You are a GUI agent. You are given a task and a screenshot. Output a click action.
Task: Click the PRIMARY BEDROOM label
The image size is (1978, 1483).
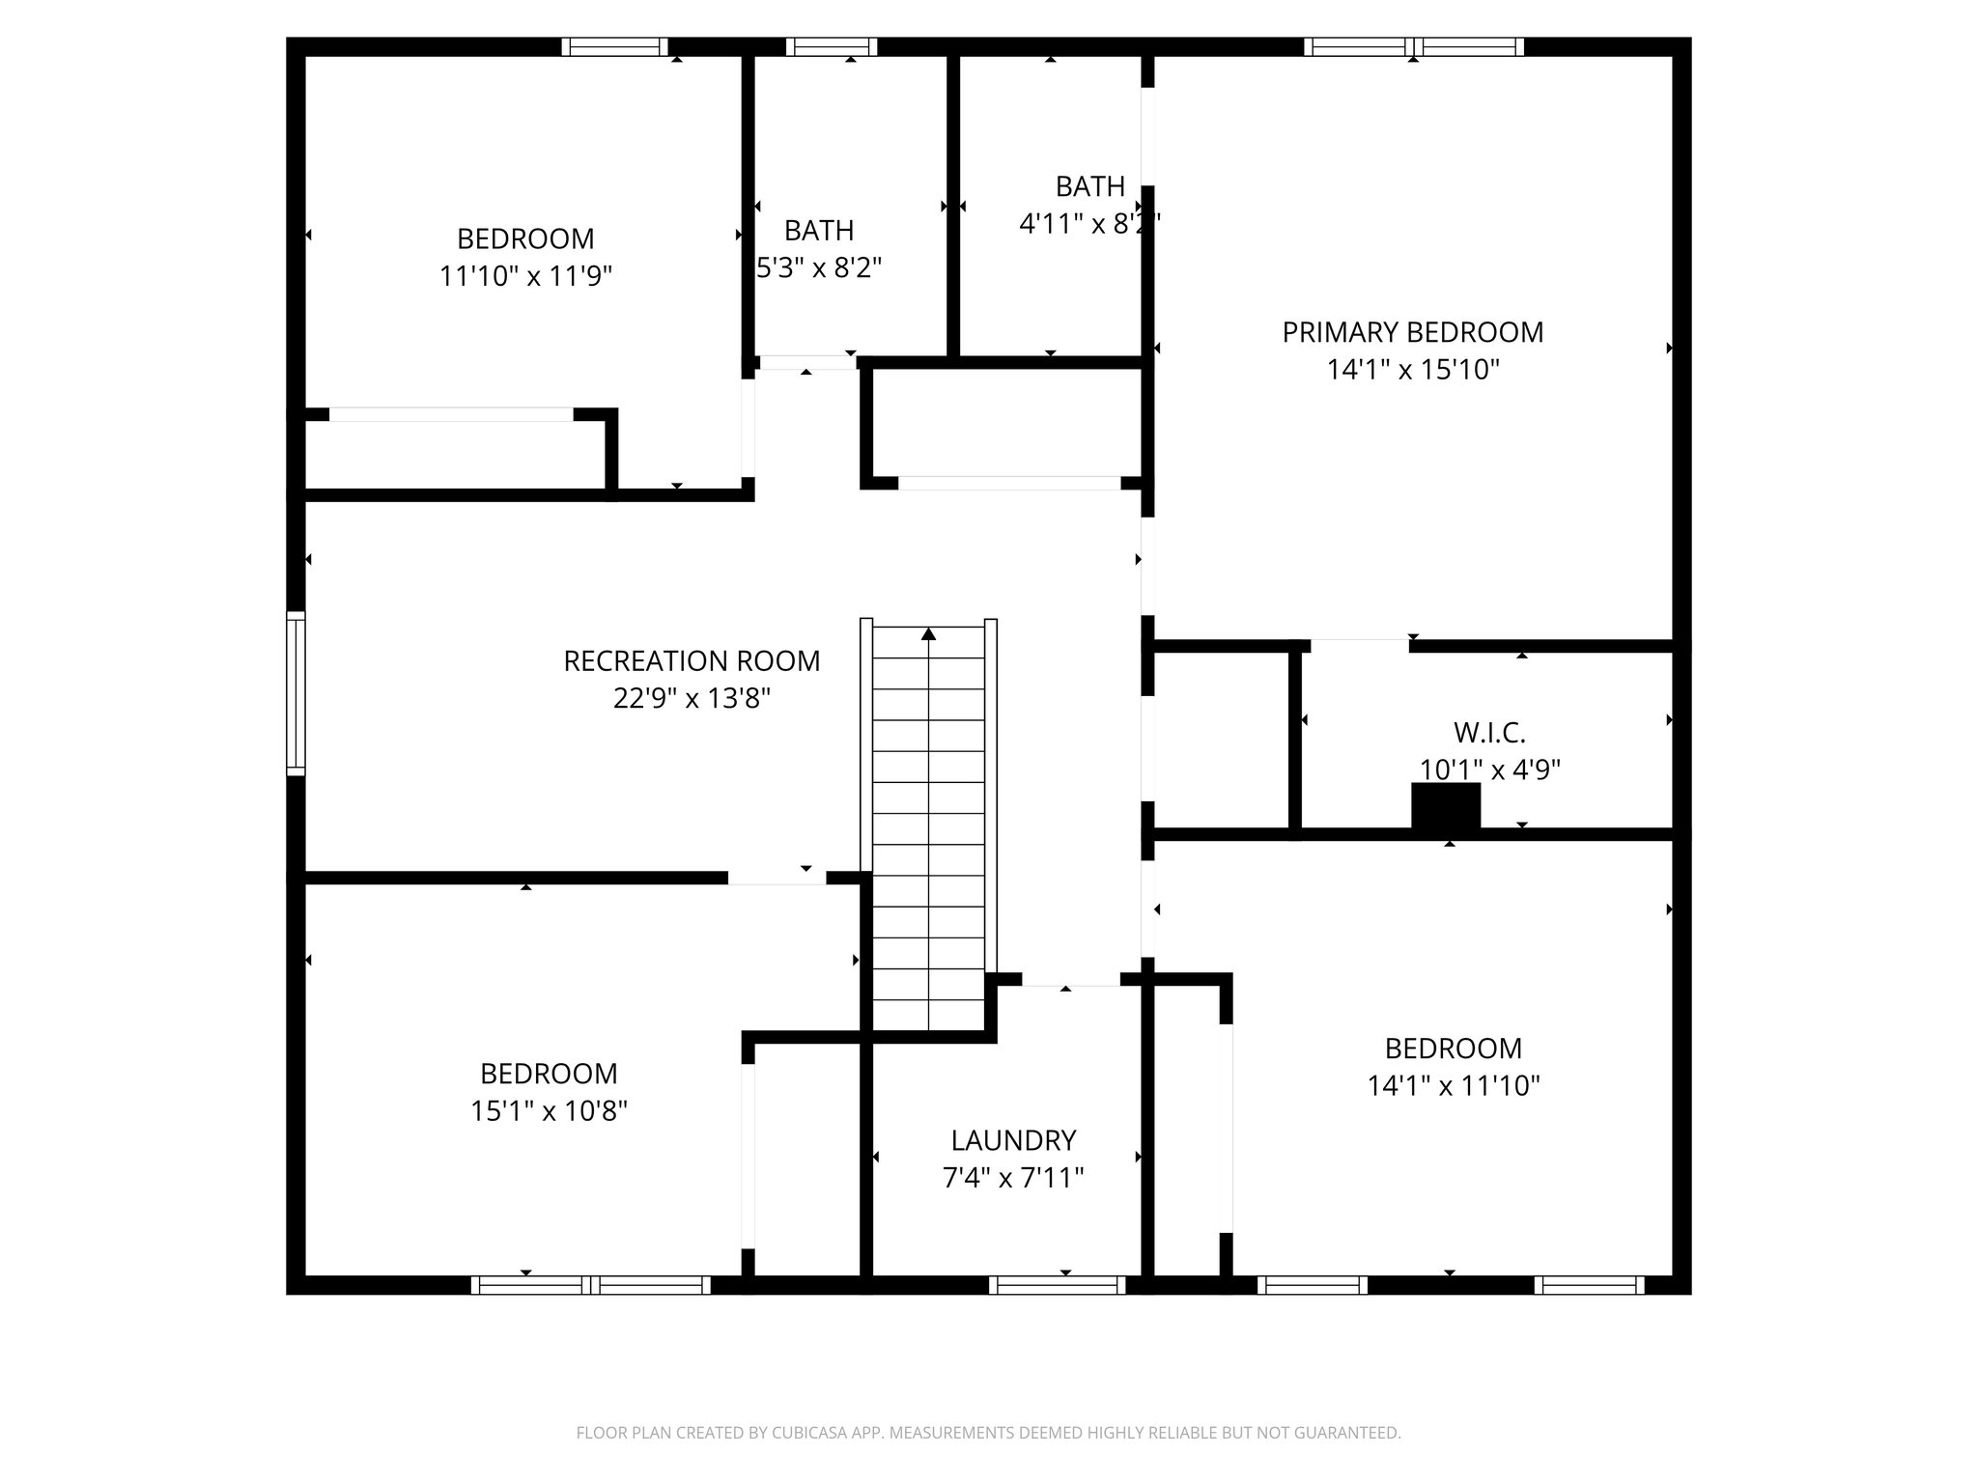1412,332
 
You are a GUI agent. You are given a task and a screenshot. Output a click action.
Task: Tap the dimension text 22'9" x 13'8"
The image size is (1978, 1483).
692,698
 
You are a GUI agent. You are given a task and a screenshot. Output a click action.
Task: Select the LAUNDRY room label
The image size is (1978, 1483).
1013,1140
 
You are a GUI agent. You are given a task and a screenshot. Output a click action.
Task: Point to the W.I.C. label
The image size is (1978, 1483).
1489,733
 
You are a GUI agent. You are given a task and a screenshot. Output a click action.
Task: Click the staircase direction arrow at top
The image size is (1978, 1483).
929,634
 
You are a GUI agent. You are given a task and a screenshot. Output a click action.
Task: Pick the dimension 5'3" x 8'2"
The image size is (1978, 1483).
819,267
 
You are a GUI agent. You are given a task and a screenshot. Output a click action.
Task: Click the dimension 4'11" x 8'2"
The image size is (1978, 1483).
1088,223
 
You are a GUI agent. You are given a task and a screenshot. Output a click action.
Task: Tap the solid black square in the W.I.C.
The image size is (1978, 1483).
1446,806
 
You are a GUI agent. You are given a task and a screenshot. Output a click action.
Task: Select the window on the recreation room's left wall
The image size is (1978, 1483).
296,693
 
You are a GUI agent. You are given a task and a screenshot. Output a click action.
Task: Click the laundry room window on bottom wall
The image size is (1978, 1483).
1058,1285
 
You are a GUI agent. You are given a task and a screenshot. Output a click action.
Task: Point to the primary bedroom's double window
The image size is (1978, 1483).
1414,47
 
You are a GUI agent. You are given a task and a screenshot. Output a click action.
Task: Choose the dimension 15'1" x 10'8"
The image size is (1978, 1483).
549,1111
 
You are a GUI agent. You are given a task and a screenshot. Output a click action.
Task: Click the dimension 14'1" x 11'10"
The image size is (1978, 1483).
1453,1086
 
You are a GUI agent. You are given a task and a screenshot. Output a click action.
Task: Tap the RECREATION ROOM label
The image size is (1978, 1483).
692,661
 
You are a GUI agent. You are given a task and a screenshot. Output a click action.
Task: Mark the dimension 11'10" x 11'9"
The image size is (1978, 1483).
525,276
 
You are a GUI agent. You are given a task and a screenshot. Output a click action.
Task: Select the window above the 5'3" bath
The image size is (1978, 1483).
832,47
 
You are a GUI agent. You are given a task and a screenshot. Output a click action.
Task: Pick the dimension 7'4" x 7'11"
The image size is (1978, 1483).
1013,1178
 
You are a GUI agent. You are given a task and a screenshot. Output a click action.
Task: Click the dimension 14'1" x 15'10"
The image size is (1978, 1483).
1412,370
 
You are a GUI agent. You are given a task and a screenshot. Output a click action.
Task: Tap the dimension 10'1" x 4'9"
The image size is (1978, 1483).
1489,769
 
